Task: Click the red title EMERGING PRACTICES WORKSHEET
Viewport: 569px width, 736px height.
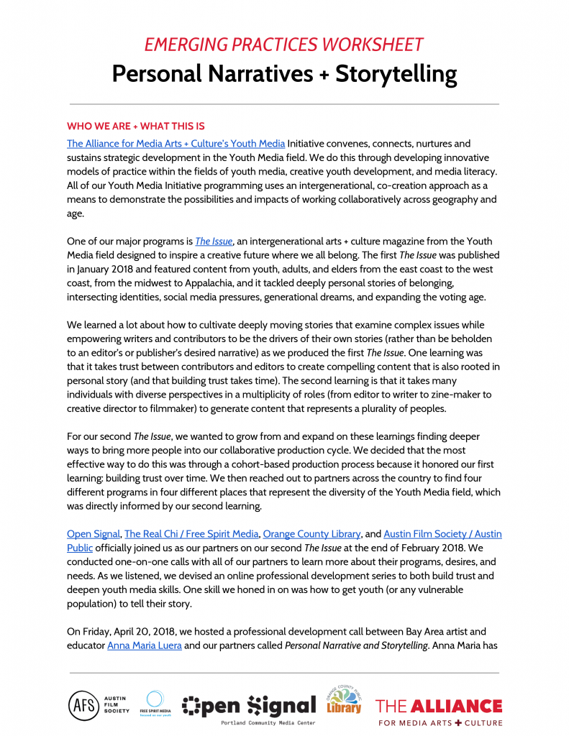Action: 284,44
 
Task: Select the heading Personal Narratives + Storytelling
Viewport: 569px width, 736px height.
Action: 284,74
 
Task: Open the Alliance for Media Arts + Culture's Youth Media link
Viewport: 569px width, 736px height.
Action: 176,144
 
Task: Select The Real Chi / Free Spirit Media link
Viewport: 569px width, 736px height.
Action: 191,534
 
